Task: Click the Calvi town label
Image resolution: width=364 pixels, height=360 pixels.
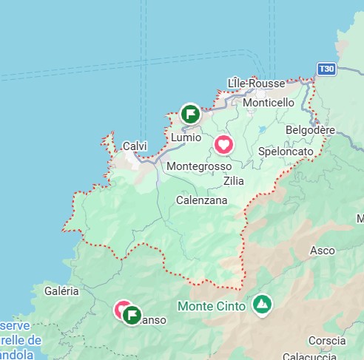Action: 135,146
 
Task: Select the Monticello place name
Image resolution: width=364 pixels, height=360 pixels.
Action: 268,102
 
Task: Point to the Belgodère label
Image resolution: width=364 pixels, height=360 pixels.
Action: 311,130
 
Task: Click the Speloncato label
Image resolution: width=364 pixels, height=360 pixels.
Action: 286,152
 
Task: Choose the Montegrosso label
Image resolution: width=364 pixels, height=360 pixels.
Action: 199,167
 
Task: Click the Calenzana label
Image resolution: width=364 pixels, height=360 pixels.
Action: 201,200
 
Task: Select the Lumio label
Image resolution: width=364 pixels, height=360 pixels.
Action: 186,137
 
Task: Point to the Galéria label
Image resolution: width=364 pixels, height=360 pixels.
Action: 61,291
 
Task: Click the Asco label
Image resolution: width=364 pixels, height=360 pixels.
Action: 322,251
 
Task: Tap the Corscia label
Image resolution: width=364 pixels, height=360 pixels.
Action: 326,341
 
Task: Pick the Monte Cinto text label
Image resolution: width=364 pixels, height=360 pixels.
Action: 212,306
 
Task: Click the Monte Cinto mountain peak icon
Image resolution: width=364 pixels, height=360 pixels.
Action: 261,304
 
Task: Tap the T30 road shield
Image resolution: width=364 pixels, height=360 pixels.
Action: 326,69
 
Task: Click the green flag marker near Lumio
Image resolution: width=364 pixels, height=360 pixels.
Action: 190,114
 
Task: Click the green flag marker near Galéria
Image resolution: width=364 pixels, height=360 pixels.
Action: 132,316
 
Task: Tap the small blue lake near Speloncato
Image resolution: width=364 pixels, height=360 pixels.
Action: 262,130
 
